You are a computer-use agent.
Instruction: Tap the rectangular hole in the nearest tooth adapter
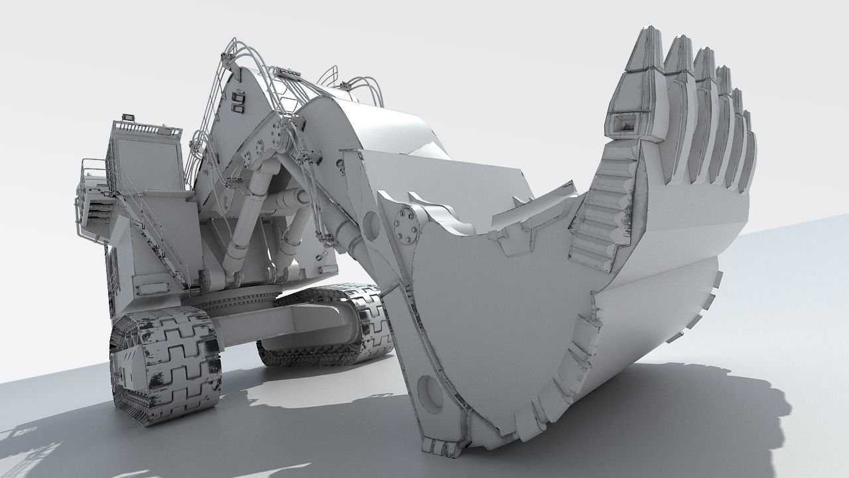pos(623,122)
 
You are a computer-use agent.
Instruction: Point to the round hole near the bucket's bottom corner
pos(431,392)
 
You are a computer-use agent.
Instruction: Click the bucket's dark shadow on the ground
pos(696,412)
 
